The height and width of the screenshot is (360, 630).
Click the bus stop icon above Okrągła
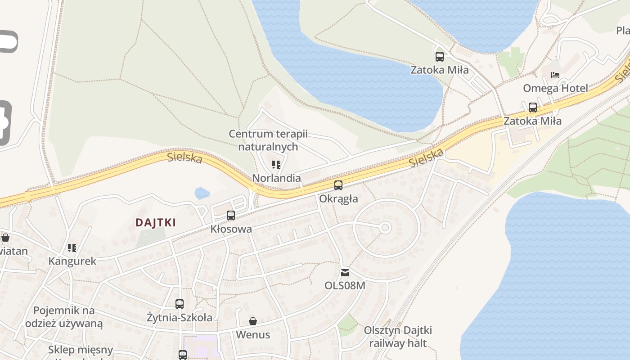(338, 185)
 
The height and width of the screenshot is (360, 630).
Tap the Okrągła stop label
(338, 198)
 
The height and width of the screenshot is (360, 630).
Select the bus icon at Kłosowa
(231, 216)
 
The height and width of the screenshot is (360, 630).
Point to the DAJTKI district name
(156, 222)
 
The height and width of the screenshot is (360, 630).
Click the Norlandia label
(276, 178)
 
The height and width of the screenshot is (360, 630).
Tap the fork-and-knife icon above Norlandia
(276, 165)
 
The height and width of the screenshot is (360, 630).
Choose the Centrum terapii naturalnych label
(268, 140)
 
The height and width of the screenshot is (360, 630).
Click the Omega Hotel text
(555, 88)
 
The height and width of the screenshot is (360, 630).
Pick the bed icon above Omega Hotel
(555, 75)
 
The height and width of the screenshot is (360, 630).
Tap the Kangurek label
(72, 261)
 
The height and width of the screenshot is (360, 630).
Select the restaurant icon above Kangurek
(72, 248)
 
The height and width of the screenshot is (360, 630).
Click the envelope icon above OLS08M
(345, 272)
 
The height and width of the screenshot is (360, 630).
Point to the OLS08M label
(345, 285)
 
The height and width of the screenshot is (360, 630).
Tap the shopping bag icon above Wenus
(253, 321)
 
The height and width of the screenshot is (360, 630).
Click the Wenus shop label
(253, 334)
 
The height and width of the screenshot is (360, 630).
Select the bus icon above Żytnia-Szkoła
(180, 304)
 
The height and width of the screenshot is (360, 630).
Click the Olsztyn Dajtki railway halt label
(398, 337)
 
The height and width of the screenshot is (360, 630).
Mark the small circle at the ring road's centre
(385, 228)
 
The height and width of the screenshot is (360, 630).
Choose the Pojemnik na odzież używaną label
(64, 317)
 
